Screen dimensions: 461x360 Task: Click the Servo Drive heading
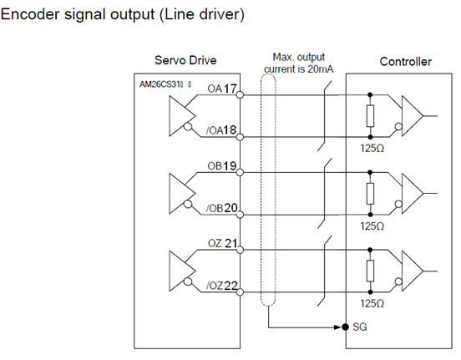pyautogui.click(x=185, y=60)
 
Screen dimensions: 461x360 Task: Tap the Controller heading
pyautogui.click(x=405, y=62)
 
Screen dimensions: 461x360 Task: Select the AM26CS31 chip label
pyautogui.click(x=161, y=84)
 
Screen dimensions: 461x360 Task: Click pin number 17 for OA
pyautogui.click(x=230, y=89)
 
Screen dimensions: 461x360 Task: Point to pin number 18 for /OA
pyautogui.click(x=230, y=129)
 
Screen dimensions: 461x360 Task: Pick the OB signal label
pyautogui.click(x=215, y=166)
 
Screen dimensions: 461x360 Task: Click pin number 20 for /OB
pyautogui.click(x=230, y=208)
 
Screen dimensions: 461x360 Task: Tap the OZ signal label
pyautogui.click(x=215, y=244)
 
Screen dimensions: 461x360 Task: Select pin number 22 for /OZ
pyautogui.click(x=230, y=286)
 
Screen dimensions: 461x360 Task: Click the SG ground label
pyautogui.click(x=360, y=327)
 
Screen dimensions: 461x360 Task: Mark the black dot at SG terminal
pyautogui.click(x=346, y=327)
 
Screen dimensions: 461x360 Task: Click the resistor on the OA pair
pyautogui.click(x=370, y=116)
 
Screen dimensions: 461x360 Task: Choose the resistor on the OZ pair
pyautogui.click(x=370, y=271)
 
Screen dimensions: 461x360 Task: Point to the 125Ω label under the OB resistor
pyautogui.click(x=372, y=226)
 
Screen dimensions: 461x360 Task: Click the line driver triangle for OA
pyautogui.click(x=182, y=116)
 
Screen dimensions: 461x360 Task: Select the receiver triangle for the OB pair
pyautogui.click(x=413, y=193)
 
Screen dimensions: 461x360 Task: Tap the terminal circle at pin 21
pyautogui.click(x=241, y=250)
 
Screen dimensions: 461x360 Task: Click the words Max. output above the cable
pyautogui.click(x=299, y=57)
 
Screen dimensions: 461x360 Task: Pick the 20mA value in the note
pyautogui.click(x=321, y=69)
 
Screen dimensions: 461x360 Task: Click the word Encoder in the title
pyautogui.click(x=30, y=14)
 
